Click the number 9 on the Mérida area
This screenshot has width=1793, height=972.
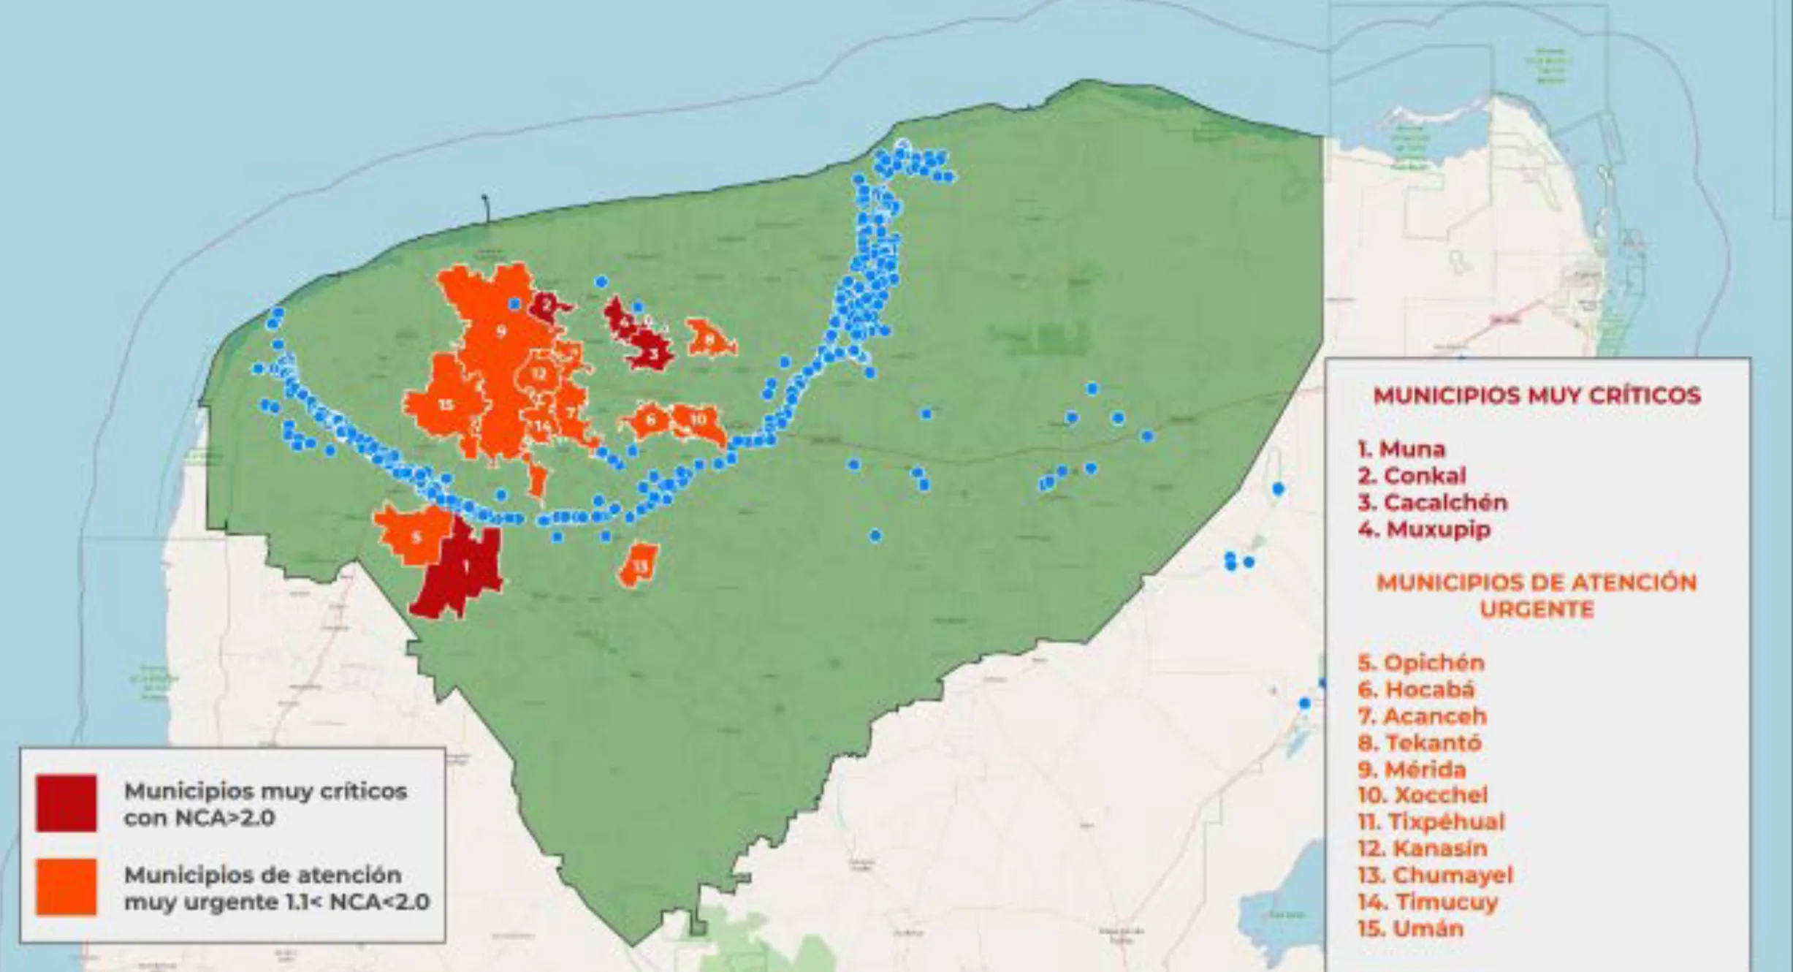tap(501, 332)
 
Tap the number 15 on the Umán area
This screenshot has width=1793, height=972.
tap(446, 405)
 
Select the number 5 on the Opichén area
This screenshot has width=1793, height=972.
tap(416, 538)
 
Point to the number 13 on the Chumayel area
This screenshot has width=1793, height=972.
tap(640, 566)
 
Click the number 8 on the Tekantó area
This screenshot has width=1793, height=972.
tap(709, 339)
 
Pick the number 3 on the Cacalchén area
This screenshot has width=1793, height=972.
tap(654, 354)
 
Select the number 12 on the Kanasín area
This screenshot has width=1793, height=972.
tap(538, 374)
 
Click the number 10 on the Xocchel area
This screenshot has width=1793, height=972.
tap(698, 419)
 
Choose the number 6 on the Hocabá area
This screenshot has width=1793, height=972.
tap(650, 419)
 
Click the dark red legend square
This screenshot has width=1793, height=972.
tap(66, 803)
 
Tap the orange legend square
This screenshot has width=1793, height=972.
tap(66, 886)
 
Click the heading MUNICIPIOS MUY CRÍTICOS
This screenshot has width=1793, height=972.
tap(1537, 395)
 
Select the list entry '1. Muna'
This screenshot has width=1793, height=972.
tap(1401, 449)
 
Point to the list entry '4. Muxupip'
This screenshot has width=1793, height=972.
tap(1424, 528)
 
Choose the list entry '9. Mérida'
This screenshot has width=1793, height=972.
tap(1412, 769)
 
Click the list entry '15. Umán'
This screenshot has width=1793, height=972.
tap(1411, 928)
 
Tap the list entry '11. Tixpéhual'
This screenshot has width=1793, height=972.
tap(1431, 821)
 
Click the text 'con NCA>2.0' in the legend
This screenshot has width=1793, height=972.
tap(199, 818)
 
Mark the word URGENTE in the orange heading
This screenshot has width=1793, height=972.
tap(1537, 609)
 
